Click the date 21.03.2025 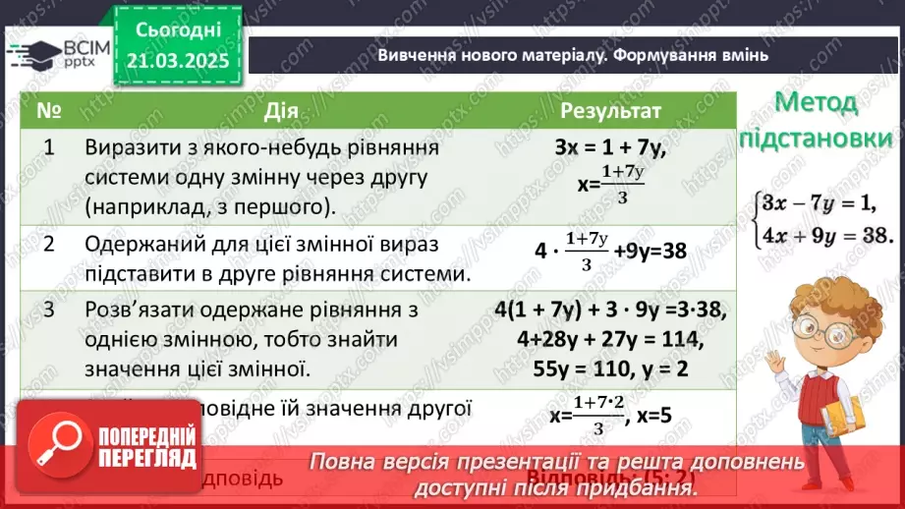(177, 62)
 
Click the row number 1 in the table (48, 146)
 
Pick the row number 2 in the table (48, 243)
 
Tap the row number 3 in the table (48, 311)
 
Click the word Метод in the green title (816, 102)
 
